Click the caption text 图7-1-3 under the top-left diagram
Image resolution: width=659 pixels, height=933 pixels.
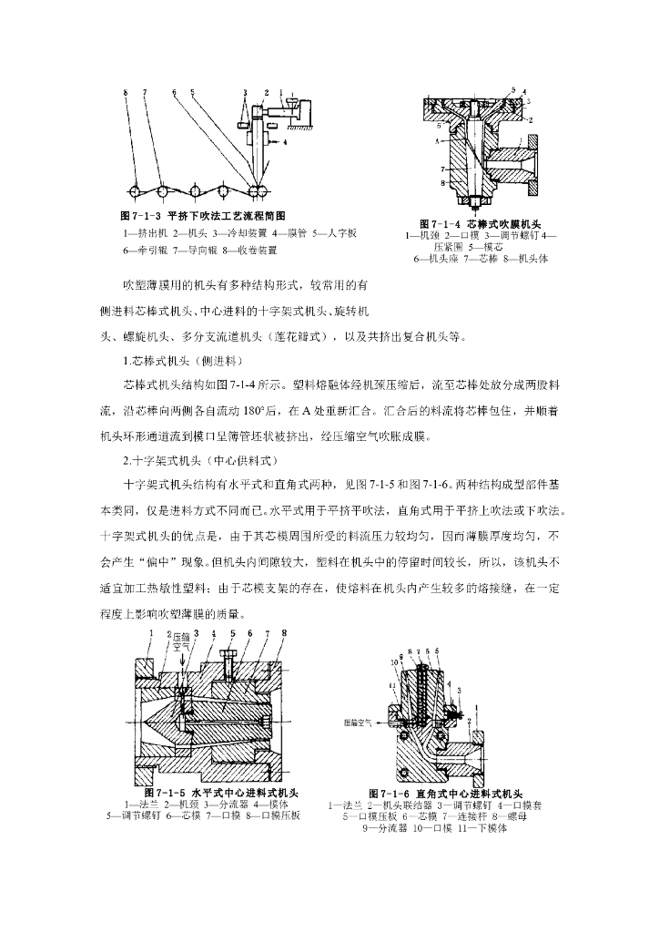point(141,216)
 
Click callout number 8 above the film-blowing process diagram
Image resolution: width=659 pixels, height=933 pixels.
point(127,92)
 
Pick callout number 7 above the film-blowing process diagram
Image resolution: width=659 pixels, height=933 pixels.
point(145,92)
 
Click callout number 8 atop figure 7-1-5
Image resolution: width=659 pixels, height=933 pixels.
point(284,632)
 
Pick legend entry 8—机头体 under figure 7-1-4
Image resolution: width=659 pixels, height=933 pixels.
point(522,259)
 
